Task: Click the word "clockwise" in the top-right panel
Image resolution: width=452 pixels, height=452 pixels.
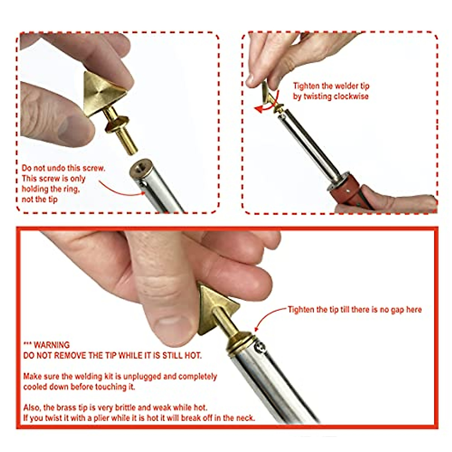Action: click(x=351, y=96)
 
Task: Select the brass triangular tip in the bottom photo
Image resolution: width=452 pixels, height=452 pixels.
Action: click(x=215, y=307)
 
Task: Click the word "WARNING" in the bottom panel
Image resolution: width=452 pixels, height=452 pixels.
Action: click(x=52, y=345)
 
